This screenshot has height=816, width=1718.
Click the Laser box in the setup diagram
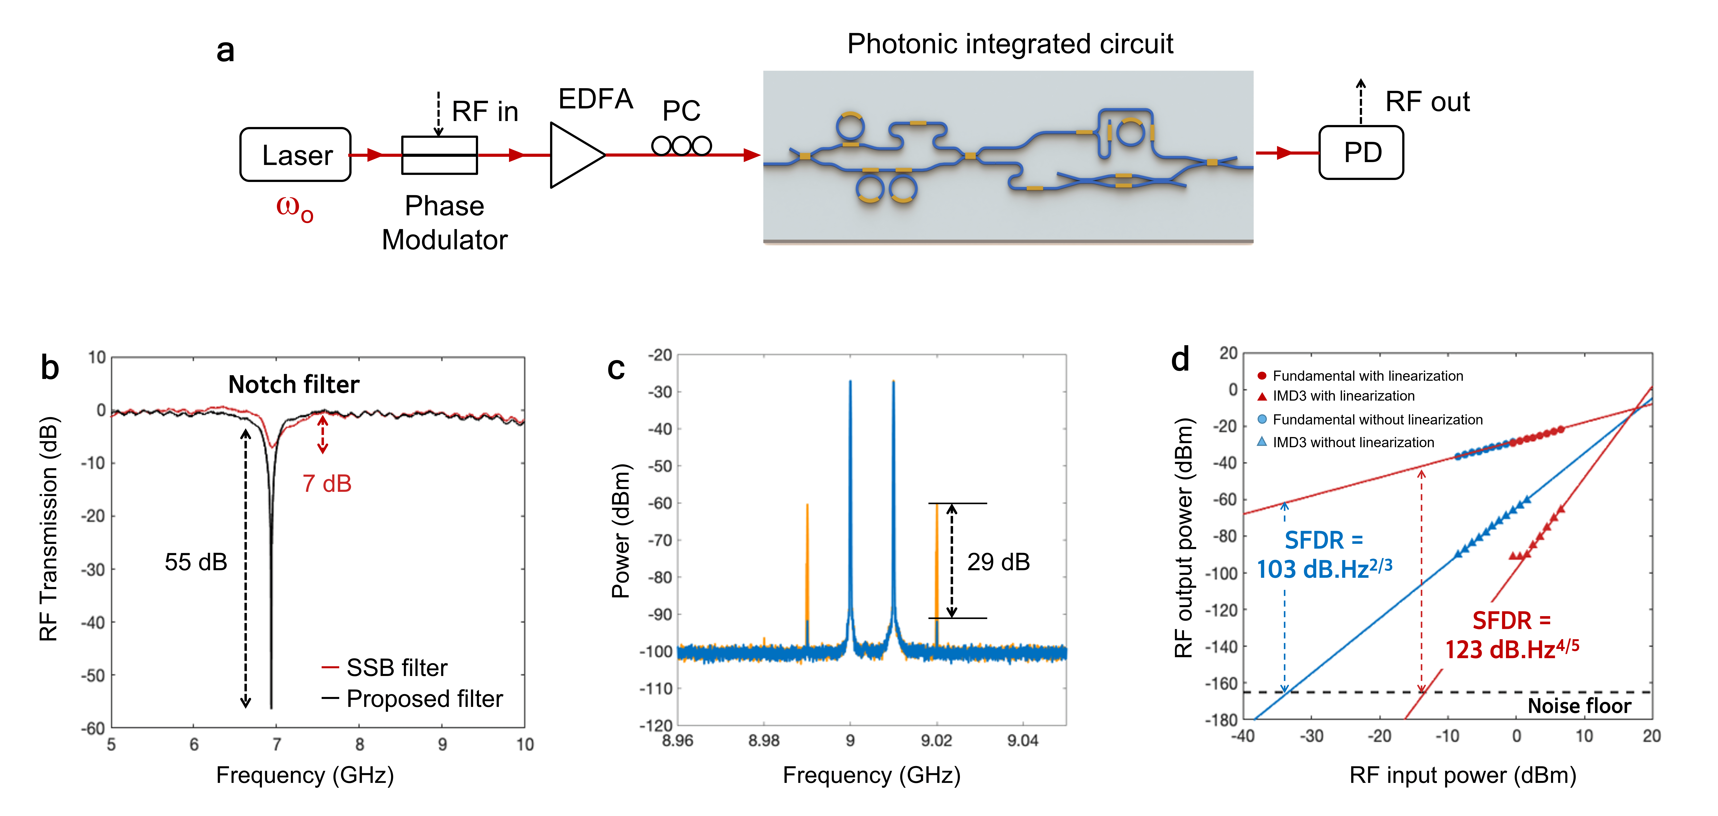(295, 155)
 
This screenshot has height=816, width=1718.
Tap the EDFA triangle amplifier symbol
(575, 155)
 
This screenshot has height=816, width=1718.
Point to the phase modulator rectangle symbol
(439, 155)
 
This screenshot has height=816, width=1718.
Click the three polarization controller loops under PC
(681, 146)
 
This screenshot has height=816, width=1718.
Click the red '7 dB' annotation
(327, 484)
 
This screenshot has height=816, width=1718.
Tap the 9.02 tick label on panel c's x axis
(936, 741)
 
